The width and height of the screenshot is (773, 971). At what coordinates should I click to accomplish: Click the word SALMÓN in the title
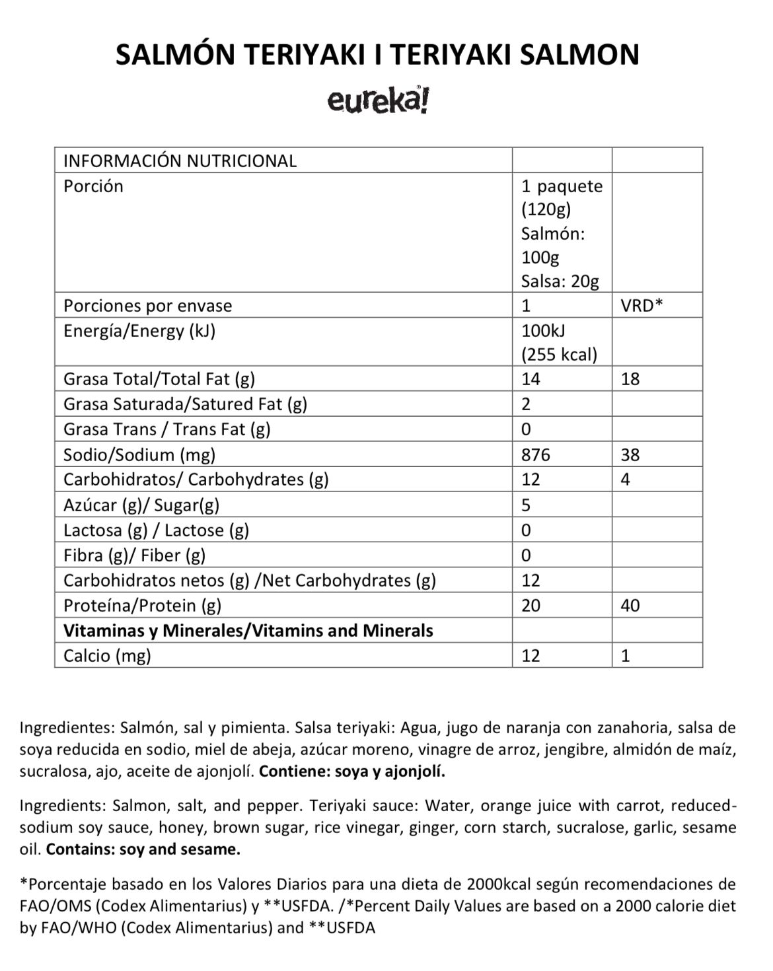point(173,55)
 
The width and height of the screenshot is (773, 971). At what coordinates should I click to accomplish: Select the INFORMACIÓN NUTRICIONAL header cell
point(180,161)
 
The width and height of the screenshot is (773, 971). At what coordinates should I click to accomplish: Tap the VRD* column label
point(642,306)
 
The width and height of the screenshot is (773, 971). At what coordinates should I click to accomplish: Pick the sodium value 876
point(535,454)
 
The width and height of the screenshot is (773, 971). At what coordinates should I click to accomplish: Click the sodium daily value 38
point(630,454)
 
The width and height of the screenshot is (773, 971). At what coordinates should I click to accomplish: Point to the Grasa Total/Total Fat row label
point(159,379)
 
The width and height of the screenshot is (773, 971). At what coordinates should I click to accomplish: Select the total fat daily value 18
point(630,379)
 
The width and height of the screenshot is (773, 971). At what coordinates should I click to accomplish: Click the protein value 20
point(531,605)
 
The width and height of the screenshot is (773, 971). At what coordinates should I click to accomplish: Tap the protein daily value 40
point(630,605)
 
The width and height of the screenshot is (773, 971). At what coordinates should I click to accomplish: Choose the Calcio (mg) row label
point(107,655)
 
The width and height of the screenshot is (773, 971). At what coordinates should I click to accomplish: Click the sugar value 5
point(526,505)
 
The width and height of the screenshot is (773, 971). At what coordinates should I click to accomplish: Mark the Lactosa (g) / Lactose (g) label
point(156,530)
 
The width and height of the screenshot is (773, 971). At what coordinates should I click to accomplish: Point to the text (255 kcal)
point(559,355)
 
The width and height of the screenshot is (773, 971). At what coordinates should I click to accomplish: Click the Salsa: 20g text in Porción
point(560,281)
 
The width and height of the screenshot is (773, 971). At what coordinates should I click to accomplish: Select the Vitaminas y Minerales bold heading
point(248,630)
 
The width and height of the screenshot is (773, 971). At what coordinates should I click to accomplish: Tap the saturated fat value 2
point(526,404)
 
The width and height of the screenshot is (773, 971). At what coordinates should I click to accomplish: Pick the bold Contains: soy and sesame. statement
point(143,849)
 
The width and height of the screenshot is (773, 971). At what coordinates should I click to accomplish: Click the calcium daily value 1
point(626,655)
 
